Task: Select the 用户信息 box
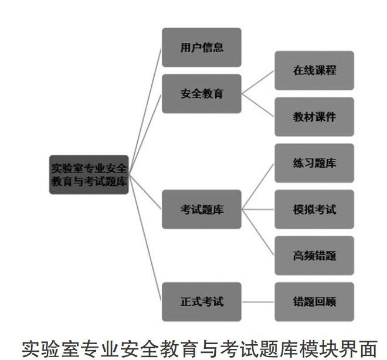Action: (202, 47)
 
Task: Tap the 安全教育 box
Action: (202, 93)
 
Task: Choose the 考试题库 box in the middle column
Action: (202, 209)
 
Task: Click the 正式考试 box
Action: (202, 302)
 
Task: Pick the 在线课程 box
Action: (314, 70)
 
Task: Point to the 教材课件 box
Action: (314, 117)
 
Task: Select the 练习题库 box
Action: (314, 163)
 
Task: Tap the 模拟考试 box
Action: (314, 209)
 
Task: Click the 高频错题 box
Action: (314, 256)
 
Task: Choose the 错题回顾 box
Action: (314, 302)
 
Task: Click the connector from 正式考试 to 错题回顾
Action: (258, 302)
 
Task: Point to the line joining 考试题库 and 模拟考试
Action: (258, 209)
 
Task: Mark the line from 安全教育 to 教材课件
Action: (258, 105)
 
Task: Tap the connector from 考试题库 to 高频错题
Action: (258, 232)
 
